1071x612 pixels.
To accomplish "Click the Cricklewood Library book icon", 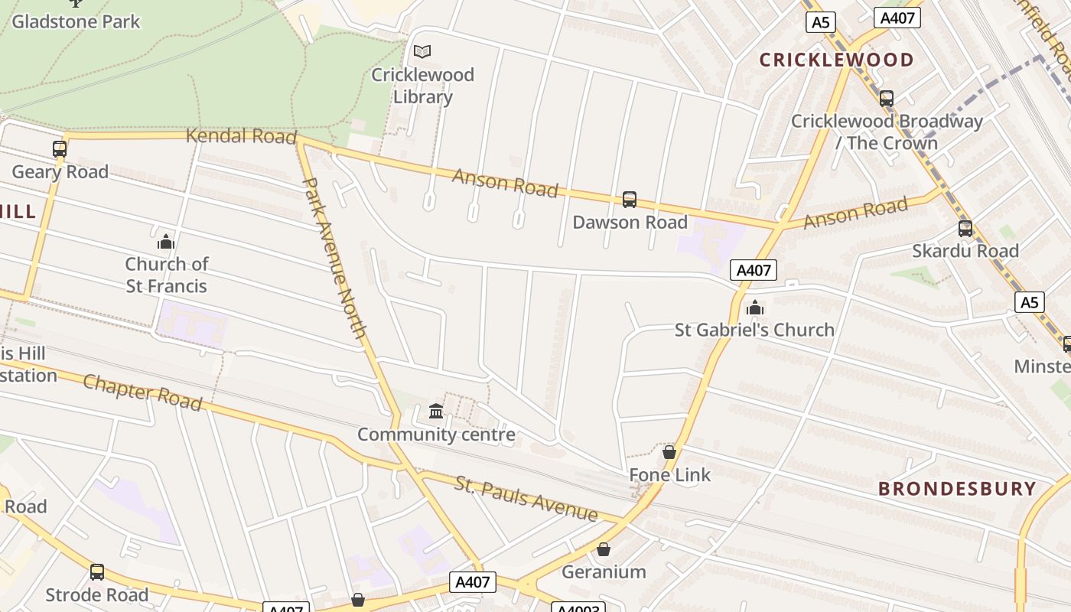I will (x=422, y=51).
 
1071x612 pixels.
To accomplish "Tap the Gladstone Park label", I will (x=76, y=21).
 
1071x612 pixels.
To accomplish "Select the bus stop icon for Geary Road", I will (x=60, y=148).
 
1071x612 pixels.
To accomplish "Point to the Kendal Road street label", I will (x=241, y=136).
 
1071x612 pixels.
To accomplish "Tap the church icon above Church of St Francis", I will (x=166, y=243).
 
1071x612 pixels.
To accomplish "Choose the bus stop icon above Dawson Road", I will (x=630, y=200).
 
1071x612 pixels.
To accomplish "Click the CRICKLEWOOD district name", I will (x=836, y=60).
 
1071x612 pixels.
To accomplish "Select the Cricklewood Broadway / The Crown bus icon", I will (x=887, y=99).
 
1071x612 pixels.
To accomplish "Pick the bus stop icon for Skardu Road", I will (x=965, y=228).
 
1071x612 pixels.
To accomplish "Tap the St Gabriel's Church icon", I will (x=755, y=308).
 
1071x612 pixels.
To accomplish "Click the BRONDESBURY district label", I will (x=957, y=489).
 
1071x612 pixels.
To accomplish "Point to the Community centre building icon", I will (x=436, y=412).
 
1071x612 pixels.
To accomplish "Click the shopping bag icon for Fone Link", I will (x=669, y=452).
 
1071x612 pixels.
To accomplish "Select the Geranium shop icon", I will (x=604, y=549).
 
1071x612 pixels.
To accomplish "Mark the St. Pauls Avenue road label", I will (x=526, y=498).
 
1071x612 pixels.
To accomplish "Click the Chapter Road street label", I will (x=142, y=392).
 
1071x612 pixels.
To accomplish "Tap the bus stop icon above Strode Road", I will (x=97, y=571).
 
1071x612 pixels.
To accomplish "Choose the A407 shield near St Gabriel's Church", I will (x=754, y=270).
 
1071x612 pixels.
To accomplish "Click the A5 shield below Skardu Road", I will (x=1030, y=302).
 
